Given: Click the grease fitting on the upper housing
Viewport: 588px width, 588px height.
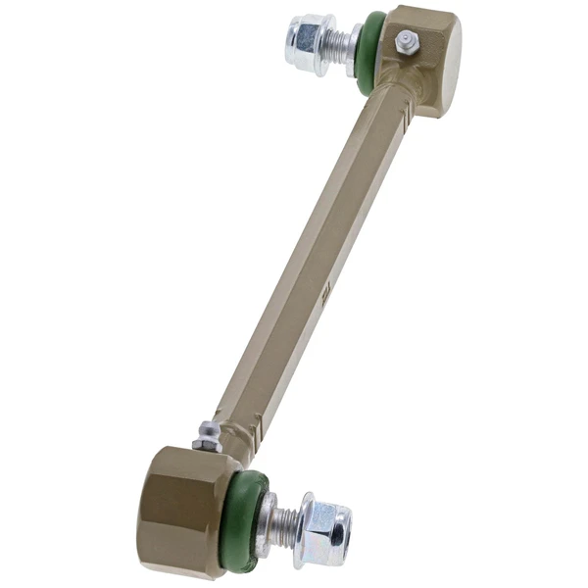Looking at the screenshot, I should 405,42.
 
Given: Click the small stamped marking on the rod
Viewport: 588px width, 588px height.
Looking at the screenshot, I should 326,292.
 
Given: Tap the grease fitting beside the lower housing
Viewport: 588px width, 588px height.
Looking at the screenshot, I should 207,435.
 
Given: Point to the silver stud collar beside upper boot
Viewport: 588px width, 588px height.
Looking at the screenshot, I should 355,49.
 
